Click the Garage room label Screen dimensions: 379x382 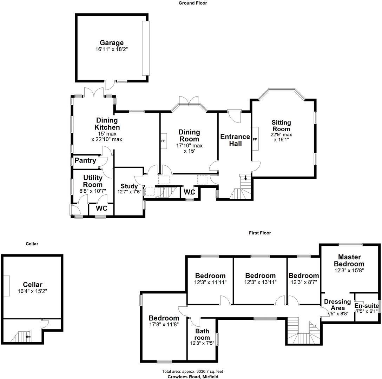pyautogui.click(x=111, y=43)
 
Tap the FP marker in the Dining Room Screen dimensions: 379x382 pyautogui.click(x=163, y=141)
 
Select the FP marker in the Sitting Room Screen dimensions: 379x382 pyautogui.click(x=255, y=139)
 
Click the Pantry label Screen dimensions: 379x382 pyautogui.click(x=85, y=160)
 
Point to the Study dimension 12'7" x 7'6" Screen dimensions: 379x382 pyautogui.click(x=129, y=192)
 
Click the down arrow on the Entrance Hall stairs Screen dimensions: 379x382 pyautogui.click(x=246, y=178)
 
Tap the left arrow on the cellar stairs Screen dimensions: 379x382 pyautogui.click(x=27, y=337)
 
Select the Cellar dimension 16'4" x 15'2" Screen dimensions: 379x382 pyautogui.click(x=33, y=291)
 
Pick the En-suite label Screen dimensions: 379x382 pyautogui.click(x=367, y=306)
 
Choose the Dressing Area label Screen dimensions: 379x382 pyautogui.click(x=337, y=305)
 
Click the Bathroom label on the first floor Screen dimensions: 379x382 pyautogui.click(x=202, y=334)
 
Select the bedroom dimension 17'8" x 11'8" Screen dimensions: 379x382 pyautogui.click(x=164, y=324)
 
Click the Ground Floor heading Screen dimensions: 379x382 pyautogui.click(x=193, y=3)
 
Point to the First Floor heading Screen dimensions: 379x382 pyautogui.click(x=260, y=233)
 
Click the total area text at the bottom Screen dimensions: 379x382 pyautogui.click(x=192, y=371)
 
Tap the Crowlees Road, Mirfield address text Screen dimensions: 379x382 pyautogui.click(x=192, y=377)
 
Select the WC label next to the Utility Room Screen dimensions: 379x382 pyautogui.click(x=101, y=208)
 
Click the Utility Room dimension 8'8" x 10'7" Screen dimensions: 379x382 pyautogui.click(x=93, y=191)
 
